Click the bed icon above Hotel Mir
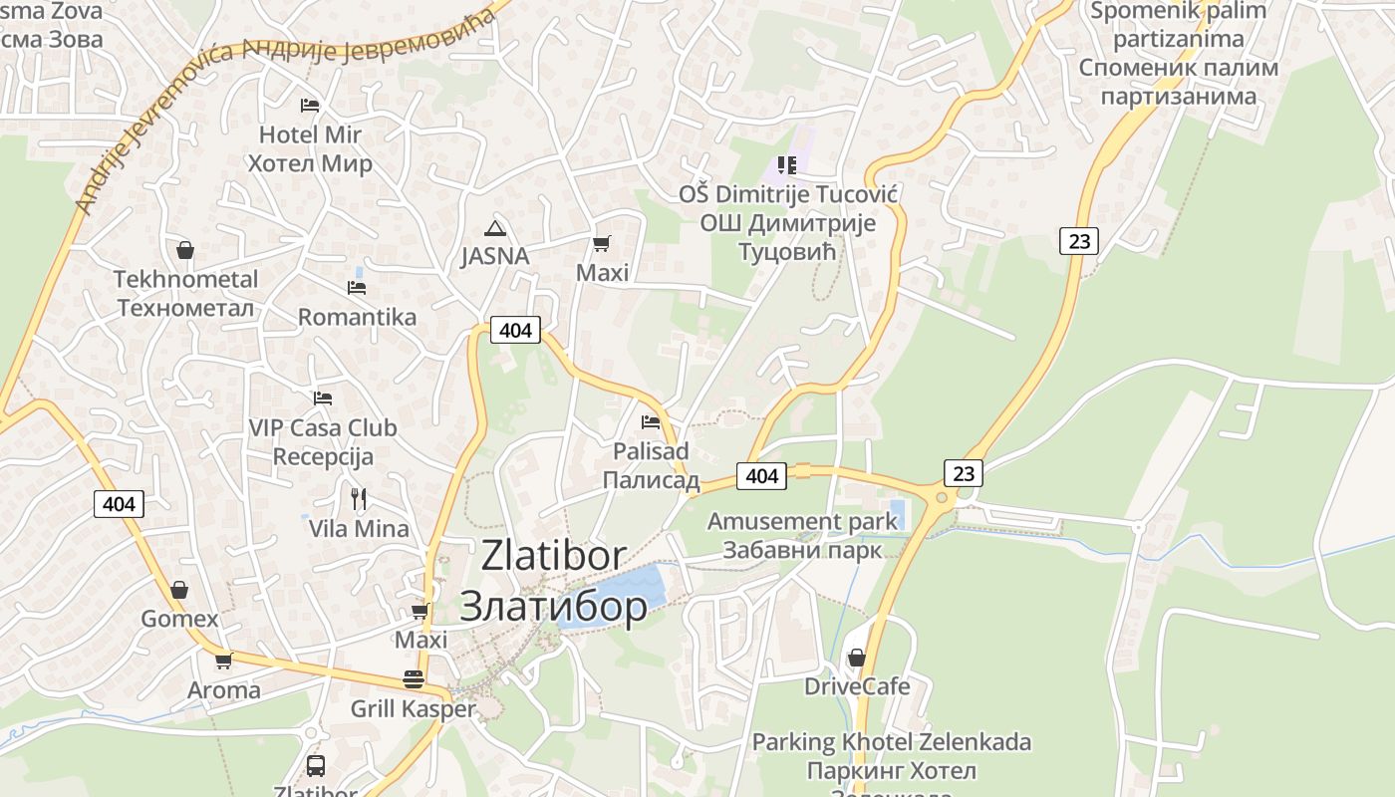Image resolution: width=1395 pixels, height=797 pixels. [x=310, y=105]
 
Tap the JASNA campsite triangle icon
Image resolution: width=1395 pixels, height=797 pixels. [x=494, y=228]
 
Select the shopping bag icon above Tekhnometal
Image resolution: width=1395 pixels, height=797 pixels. [x=184, y=249]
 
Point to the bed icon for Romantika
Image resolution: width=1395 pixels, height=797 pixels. [x=357, y=288]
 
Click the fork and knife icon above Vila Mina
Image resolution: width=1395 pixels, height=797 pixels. [x=359, y=498]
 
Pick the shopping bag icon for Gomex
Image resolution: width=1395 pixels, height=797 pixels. [x=179, y=590]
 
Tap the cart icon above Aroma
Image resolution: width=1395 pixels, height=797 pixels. [x=224, y=661]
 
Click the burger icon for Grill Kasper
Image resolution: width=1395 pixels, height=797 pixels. [x=414, y=679]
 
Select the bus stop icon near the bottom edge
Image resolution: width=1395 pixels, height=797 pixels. [x=315, y=765]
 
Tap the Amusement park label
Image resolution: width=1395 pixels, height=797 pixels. [x=788, y=521]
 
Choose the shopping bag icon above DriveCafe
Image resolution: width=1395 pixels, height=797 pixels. [x=856, y=658]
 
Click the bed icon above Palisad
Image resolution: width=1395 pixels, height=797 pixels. [x=651, y=422]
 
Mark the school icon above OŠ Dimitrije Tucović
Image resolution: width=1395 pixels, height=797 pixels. [x=787, y=164]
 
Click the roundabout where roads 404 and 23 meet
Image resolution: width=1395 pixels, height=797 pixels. [x=941, y=494]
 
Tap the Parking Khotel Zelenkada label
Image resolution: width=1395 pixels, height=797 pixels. [x=891, y=742]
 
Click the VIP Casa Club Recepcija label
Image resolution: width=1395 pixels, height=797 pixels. [x=323, y=442]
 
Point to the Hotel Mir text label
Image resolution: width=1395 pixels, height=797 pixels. [x=310, y=134]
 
